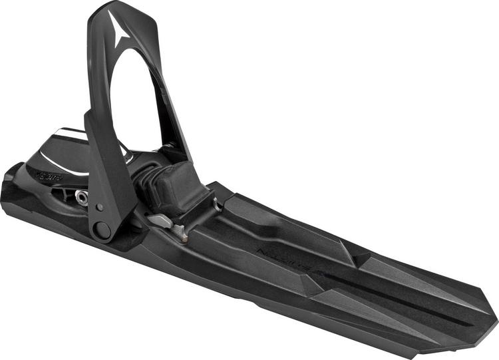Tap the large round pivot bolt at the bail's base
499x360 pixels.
[102, 231]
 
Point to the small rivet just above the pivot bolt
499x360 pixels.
[99, 207]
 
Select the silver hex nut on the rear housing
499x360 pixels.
[81, 196]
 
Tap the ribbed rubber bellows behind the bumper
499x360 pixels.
[146, 178]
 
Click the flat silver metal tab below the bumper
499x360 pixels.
[159, 220]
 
